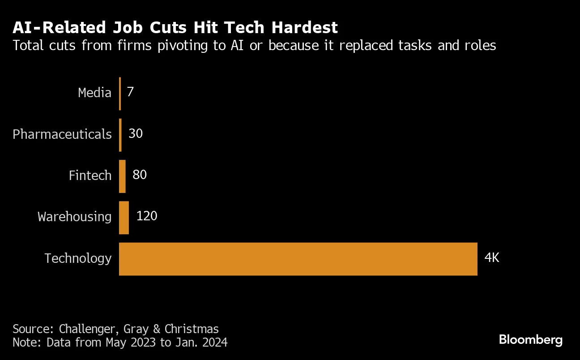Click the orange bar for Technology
[x=298, y=259]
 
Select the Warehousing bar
[x=124, y=218]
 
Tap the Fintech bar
[x=122, y=176]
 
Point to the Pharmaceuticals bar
[x=120, y=135]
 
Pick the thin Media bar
[x=120, y=94]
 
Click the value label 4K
[x=491, y=258]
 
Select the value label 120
[x=147, y=216]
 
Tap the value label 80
[x=140, y=175]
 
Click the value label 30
[x=135, y=133]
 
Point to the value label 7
[x=130, y=92]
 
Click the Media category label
[x=94, y=93]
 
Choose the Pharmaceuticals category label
[x=62, y=134]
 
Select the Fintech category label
[x=90, y=176]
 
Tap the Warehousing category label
[x=75, y=217]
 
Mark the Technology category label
[x=78, y=258]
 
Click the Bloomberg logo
[x=531, y=340]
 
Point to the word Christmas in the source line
[x=192, y=330]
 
